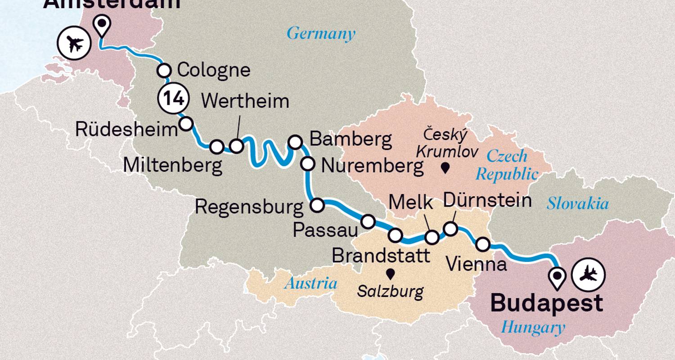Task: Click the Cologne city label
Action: [x=213, y=71]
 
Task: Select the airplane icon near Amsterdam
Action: [x=74, y=44]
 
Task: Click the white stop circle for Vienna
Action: [x=482, y=244]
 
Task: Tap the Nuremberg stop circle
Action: [x=308, y=164]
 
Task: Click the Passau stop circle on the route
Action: [x=368, y=221]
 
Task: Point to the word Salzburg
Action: [x=390, y=292]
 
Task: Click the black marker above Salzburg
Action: [x=390, y=273]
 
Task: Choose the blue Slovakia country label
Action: [x=578, y=204]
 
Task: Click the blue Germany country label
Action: [x=321, y=34]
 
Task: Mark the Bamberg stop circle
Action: [x=295, y=142]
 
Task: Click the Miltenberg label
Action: [x=173, y=166]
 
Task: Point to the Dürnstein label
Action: [x=487, y=201]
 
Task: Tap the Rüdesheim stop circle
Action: [x=186, y=123]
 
